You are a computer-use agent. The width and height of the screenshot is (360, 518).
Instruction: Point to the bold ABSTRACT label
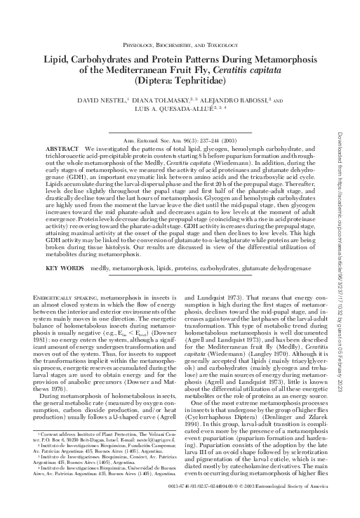[61, 150]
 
